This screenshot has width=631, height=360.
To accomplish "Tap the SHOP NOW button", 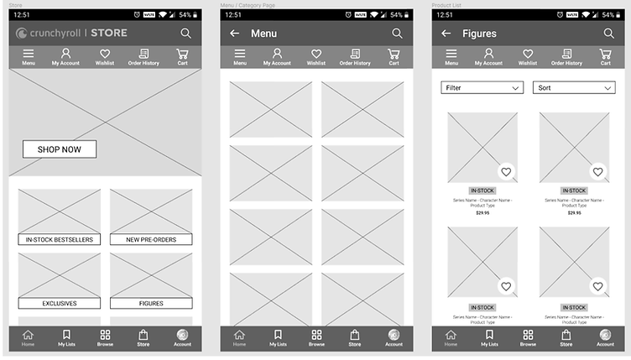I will [59, 149].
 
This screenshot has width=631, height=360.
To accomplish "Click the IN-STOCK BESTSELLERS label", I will [60, 239].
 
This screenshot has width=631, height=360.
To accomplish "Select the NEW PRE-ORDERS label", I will [151, 239].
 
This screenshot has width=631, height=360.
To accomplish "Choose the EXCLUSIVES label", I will [60, 303].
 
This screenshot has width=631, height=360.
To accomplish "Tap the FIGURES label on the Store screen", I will [151, 303].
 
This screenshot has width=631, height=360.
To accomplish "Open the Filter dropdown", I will [482, 88].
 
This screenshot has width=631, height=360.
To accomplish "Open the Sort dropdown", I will [574, 88].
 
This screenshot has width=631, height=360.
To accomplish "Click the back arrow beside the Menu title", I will [235, 34].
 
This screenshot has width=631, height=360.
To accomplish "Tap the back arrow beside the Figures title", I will [446, 34].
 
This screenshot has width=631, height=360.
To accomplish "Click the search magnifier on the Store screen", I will [185, 34].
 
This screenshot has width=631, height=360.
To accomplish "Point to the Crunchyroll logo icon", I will [22, 34].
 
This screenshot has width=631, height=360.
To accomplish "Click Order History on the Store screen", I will [143, 56].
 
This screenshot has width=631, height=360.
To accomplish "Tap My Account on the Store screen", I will [65, 56].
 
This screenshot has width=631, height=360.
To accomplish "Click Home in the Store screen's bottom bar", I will [29, 337].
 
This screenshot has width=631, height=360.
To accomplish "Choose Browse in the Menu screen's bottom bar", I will [316, 337].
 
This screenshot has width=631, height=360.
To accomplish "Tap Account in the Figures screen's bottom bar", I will [605, 337].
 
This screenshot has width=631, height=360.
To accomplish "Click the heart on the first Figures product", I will [505, 172].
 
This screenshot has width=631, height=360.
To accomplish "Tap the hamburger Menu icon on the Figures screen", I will [451, 56].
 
